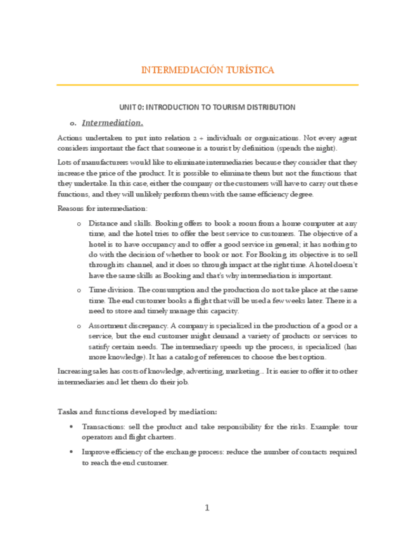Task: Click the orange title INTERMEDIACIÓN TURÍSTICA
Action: click(207, 70)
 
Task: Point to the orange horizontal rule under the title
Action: click(207, 84)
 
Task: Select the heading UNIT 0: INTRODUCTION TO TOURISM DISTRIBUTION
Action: click(207, 107)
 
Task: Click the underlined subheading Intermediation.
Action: click(112, 122)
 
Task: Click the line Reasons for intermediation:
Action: click(93, 208)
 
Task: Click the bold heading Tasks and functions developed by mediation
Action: click(137, 411)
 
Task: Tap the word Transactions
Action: click(103, 427)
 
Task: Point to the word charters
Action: click(162, 437)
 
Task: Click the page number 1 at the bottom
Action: click(207, 507)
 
